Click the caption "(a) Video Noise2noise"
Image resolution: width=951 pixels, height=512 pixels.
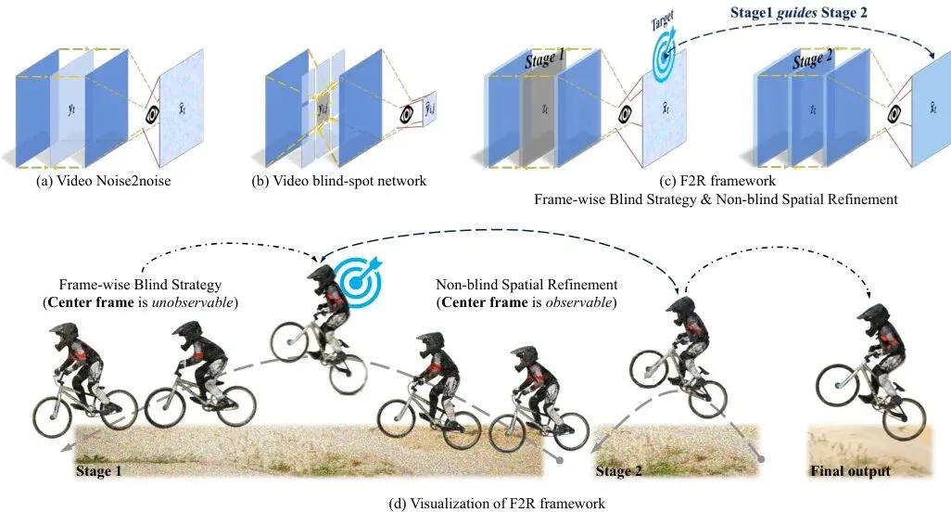[104, 181]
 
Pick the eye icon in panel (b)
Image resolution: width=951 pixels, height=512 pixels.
[406, 114]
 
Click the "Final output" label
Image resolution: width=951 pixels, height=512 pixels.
[850, 471]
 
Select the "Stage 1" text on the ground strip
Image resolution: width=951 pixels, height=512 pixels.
[98, 471]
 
